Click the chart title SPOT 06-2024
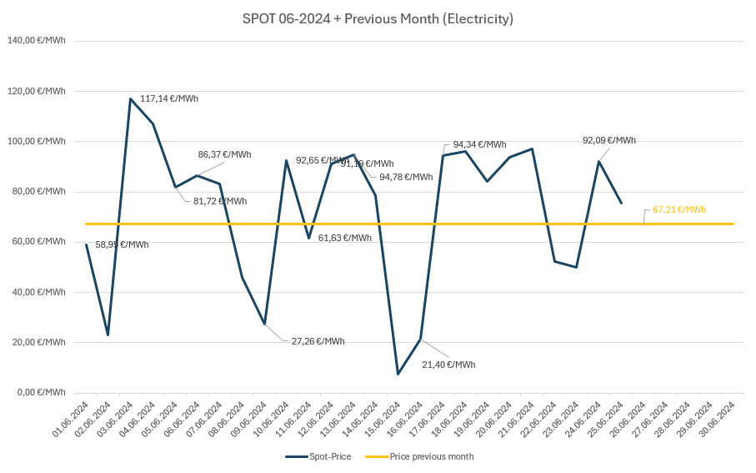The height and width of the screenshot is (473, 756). point(378,18)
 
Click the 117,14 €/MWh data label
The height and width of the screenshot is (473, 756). point(169,98)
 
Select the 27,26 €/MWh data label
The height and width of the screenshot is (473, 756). point(318,341)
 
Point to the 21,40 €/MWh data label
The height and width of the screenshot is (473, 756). point(448,365)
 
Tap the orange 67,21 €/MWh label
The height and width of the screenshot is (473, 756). point(679,209)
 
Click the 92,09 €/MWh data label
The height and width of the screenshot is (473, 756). point(608,140)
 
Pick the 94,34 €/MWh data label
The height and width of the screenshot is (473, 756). point(479,144)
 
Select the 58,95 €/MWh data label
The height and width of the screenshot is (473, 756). point(122,244)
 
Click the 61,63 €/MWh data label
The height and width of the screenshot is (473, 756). point(344,238)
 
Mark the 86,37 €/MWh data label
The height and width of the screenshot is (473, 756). point(224,154)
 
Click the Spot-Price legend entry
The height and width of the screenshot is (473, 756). point(320,456)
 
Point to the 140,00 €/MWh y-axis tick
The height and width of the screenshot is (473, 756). point(37,40)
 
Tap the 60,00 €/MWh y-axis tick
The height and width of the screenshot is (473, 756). point(38,241)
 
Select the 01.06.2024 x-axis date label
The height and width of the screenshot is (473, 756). point(72,419)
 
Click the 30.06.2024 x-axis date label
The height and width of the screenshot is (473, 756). point(718,419)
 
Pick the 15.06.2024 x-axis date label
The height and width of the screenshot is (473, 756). point(383,419)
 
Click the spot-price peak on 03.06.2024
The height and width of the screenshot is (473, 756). point(131,99)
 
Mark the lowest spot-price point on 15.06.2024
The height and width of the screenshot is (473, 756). point(398,374)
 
